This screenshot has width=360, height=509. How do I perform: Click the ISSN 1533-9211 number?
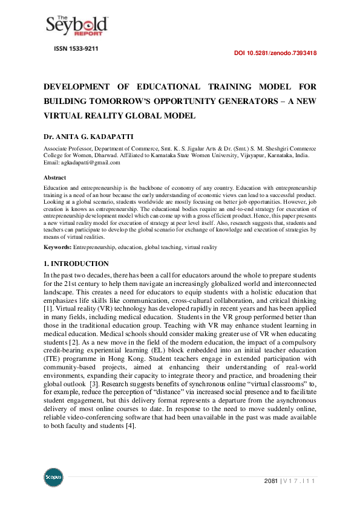[x=76, y=47]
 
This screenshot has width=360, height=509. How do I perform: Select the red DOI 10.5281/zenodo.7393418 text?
[x=275, y=53]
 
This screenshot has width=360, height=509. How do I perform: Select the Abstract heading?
[x=55, y=178]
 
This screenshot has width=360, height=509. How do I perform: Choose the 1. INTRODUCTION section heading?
[x=76, y=264]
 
